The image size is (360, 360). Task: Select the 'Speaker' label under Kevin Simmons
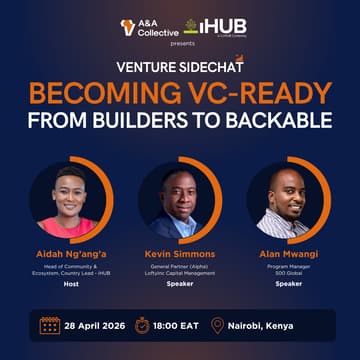(180, 283)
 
